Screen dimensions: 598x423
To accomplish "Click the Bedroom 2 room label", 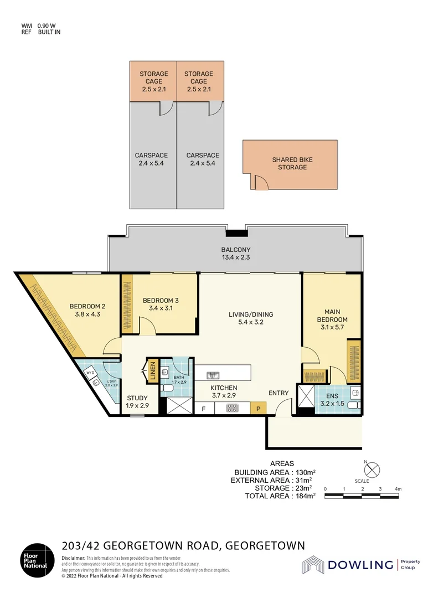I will [x=87, y=306].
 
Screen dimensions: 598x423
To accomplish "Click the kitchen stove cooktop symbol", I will [x=233, y=409].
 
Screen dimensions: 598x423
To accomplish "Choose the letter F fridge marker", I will [x=204, y=409].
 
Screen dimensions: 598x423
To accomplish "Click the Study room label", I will [x=137, y=398].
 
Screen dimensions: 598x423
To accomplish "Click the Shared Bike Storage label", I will [x=292, y=163].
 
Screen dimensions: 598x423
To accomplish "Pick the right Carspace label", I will [x=203, y=156].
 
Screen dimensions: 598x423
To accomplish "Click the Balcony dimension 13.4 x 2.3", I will [x=236, y=257].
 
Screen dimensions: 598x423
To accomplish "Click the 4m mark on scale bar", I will [x=398, y=489].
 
